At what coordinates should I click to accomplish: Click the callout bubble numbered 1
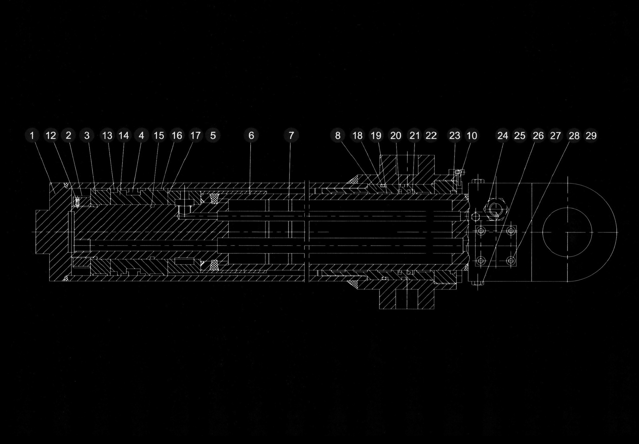coord(32,136)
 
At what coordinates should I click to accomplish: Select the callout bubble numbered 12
coord(51,136)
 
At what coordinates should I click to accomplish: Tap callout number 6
coord(251,136)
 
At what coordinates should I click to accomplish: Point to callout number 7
coord(291,136)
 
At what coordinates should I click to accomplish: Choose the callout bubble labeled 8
coord(338,136)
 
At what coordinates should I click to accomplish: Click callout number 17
coord(195,136)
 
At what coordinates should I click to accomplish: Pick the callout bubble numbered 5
coord(213,136)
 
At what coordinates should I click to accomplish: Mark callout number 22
coord(431,136)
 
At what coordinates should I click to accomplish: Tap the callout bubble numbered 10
coord(472,136)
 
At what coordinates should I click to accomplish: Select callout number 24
coord(503,136)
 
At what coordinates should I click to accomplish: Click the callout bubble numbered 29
coord(591,136)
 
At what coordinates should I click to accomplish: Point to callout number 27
coord(555,136)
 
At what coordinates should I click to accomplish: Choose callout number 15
coord(159,136)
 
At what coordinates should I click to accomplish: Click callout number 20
coord(396,136)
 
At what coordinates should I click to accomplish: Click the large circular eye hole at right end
coord(567,232)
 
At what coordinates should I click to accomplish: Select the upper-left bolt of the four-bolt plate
coord(481,231)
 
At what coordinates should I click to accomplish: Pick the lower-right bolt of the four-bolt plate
coord(511,261)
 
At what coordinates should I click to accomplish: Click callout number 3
coord(87,136)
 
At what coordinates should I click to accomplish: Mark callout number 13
coord(107,136)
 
